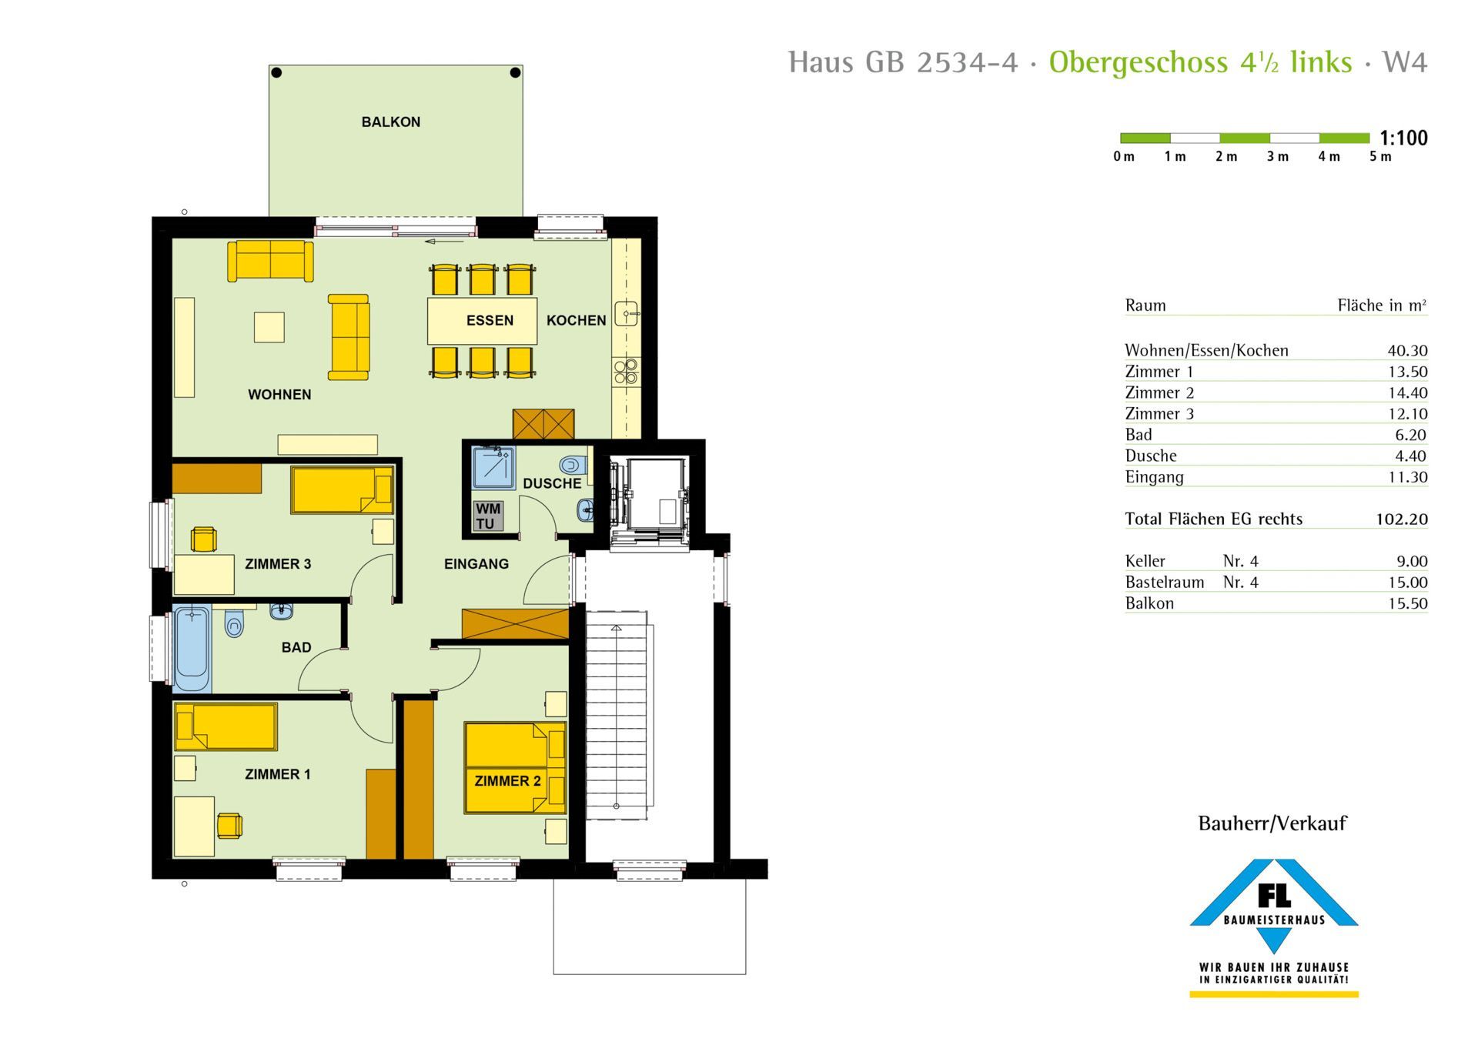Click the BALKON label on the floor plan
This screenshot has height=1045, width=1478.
pyautogui.click(x=391, y=122)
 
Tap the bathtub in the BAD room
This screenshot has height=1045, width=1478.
pyautogui.click(x=192, y=649)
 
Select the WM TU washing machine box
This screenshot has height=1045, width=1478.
pyautogui.click(x=487, y=516)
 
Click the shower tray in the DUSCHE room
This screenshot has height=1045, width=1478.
pyautogui.click(x=493, y=468)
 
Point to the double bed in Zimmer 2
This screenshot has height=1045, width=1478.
pyautogui.click(x=515, y=767)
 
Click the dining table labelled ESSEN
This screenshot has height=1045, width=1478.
pyautogui.click(x=483, y=320)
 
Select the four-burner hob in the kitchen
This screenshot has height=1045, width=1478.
pyautogui.click(x=626, y=371)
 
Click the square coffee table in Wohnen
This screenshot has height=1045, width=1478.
pyautogui.click(x=269, y=327)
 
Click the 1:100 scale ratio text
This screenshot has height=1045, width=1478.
pyautogui.click(x=1403, y=139)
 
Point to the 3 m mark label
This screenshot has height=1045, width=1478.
pyautogui.click(x=1278, y=157)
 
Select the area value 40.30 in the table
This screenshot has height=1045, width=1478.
pyautogui.click(x=1407, y=351)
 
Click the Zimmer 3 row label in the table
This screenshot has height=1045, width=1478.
pyautogui.click(x=1159, y=414)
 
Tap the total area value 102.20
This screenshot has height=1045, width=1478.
pyautogui.click(x=1402, y=519)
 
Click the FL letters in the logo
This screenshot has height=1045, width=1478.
pyautogui.click(x=1274, y=895)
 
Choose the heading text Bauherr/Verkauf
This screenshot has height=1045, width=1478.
pyautogui.click(x=1272, y=823)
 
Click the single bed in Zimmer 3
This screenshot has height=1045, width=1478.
pyautogui.click(x=343, y=490)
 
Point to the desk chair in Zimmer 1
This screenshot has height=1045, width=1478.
pyautogui.click(x=229, y=826)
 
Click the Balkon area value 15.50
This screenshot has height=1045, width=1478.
pyautogui.click(x=1407, y=604)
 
